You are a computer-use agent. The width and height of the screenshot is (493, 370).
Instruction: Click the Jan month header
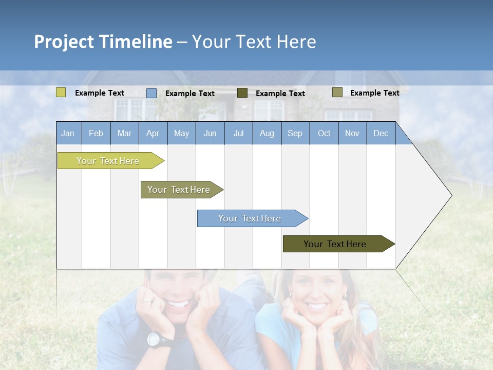coord(68,133)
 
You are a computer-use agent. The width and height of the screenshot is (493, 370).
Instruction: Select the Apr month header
coord(153,133)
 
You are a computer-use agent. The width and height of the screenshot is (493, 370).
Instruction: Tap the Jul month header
coord(238,133)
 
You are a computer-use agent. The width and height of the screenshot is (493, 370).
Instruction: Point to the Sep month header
coord(295,133)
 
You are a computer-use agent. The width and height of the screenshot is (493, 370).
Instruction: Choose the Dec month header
coord(381,133)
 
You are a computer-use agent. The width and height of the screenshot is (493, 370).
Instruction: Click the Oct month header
coord(324,133)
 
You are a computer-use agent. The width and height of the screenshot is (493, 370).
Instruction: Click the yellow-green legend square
coord(61,92)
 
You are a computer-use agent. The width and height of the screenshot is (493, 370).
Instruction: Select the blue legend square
coord(151,93)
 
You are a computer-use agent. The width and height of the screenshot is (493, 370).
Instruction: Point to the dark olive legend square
coord(242,93)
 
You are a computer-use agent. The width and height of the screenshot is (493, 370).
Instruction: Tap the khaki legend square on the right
coord(337,92)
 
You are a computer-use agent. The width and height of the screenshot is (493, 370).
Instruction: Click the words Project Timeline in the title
coord(103,42)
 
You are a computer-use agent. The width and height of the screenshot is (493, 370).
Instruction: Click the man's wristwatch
coord(154,339)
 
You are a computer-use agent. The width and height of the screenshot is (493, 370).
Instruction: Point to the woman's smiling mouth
coord(317,307)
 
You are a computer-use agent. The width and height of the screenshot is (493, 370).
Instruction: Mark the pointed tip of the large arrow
coord(451,195)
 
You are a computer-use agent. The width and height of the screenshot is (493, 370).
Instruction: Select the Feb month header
coord(96,133)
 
